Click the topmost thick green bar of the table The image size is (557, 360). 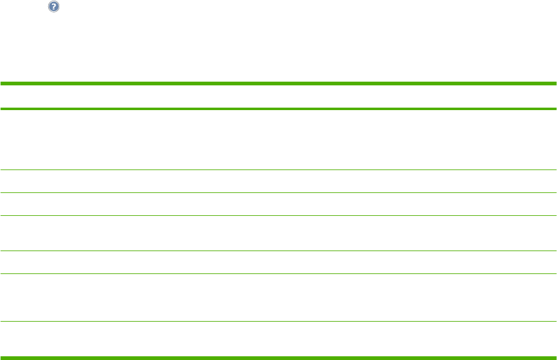(278, 84)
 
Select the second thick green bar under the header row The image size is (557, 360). (278, 109)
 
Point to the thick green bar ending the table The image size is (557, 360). (278, 357)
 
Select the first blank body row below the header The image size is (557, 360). (278, 140)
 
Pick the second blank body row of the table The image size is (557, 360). (278, 181)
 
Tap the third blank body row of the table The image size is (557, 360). (278, 204)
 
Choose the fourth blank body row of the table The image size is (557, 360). (278, 233)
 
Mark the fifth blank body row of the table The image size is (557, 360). (278, 262)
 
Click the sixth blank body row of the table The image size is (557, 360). (278, 298)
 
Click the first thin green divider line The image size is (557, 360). (278, 170)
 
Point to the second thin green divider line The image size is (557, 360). (278, 193)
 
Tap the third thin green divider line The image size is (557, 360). (278, 216)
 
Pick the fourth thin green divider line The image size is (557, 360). (278, 251)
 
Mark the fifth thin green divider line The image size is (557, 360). (278, 274)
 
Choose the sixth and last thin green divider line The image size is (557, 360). (278, 321)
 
